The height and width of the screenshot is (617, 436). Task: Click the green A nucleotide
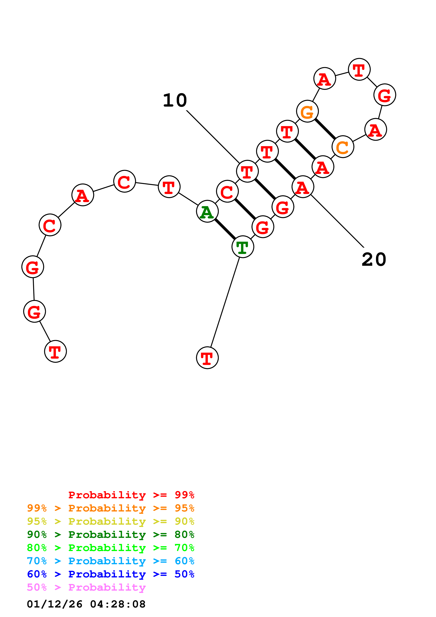tap(207, 211)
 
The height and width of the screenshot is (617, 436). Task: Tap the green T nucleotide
tap(243, 247)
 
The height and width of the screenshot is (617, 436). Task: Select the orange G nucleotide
tap(307, 111)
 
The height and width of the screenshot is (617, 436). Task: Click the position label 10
tap(175, 100)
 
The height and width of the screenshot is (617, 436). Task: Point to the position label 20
tap(374, 260)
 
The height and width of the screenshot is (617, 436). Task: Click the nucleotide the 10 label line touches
tap(247, 171)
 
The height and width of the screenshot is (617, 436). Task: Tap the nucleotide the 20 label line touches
tap(303, 187)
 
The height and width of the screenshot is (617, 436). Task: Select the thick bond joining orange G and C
tap(325, 129)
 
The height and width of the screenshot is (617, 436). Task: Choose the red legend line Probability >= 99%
tap(131, 495)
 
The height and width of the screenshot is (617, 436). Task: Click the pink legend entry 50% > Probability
tap(86, 587)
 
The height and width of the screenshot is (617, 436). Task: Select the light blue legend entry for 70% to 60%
tap(110, 561)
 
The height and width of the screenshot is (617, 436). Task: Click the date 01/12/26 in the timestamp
tap(55, 604)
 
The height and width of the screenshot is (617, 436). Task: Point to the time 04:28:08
tap(118, 604)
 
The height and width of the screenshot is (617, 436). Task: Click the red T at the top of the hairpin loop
tap(359, 69)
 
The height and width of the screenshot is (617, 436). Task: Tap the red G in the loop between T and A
tap(385, 95)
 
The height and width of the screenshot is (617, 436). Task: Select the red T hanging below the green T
tap(207, 358)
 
